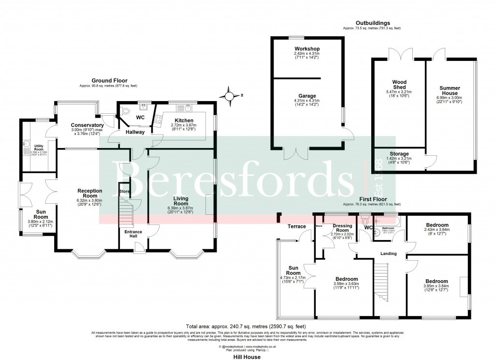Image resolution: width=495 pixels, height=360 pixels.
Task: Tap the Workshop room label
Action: coord(307,49)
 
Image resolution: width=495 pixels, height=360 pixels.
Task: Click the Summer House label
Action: coord(450,91)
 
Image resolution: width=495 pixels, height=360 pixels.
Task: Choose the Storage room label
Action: coord(399,154)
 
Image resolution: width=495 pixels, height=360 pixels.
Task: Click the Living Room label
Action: coord(181,201)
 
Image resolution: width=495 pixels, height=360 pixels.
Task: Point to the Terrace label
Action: coord(297,226)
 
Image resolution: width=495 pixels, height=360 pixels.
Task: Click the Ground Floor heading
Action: coord(108,81)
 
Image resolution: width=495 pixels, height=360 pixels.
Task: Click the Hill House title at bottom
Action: coord(247,357)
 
